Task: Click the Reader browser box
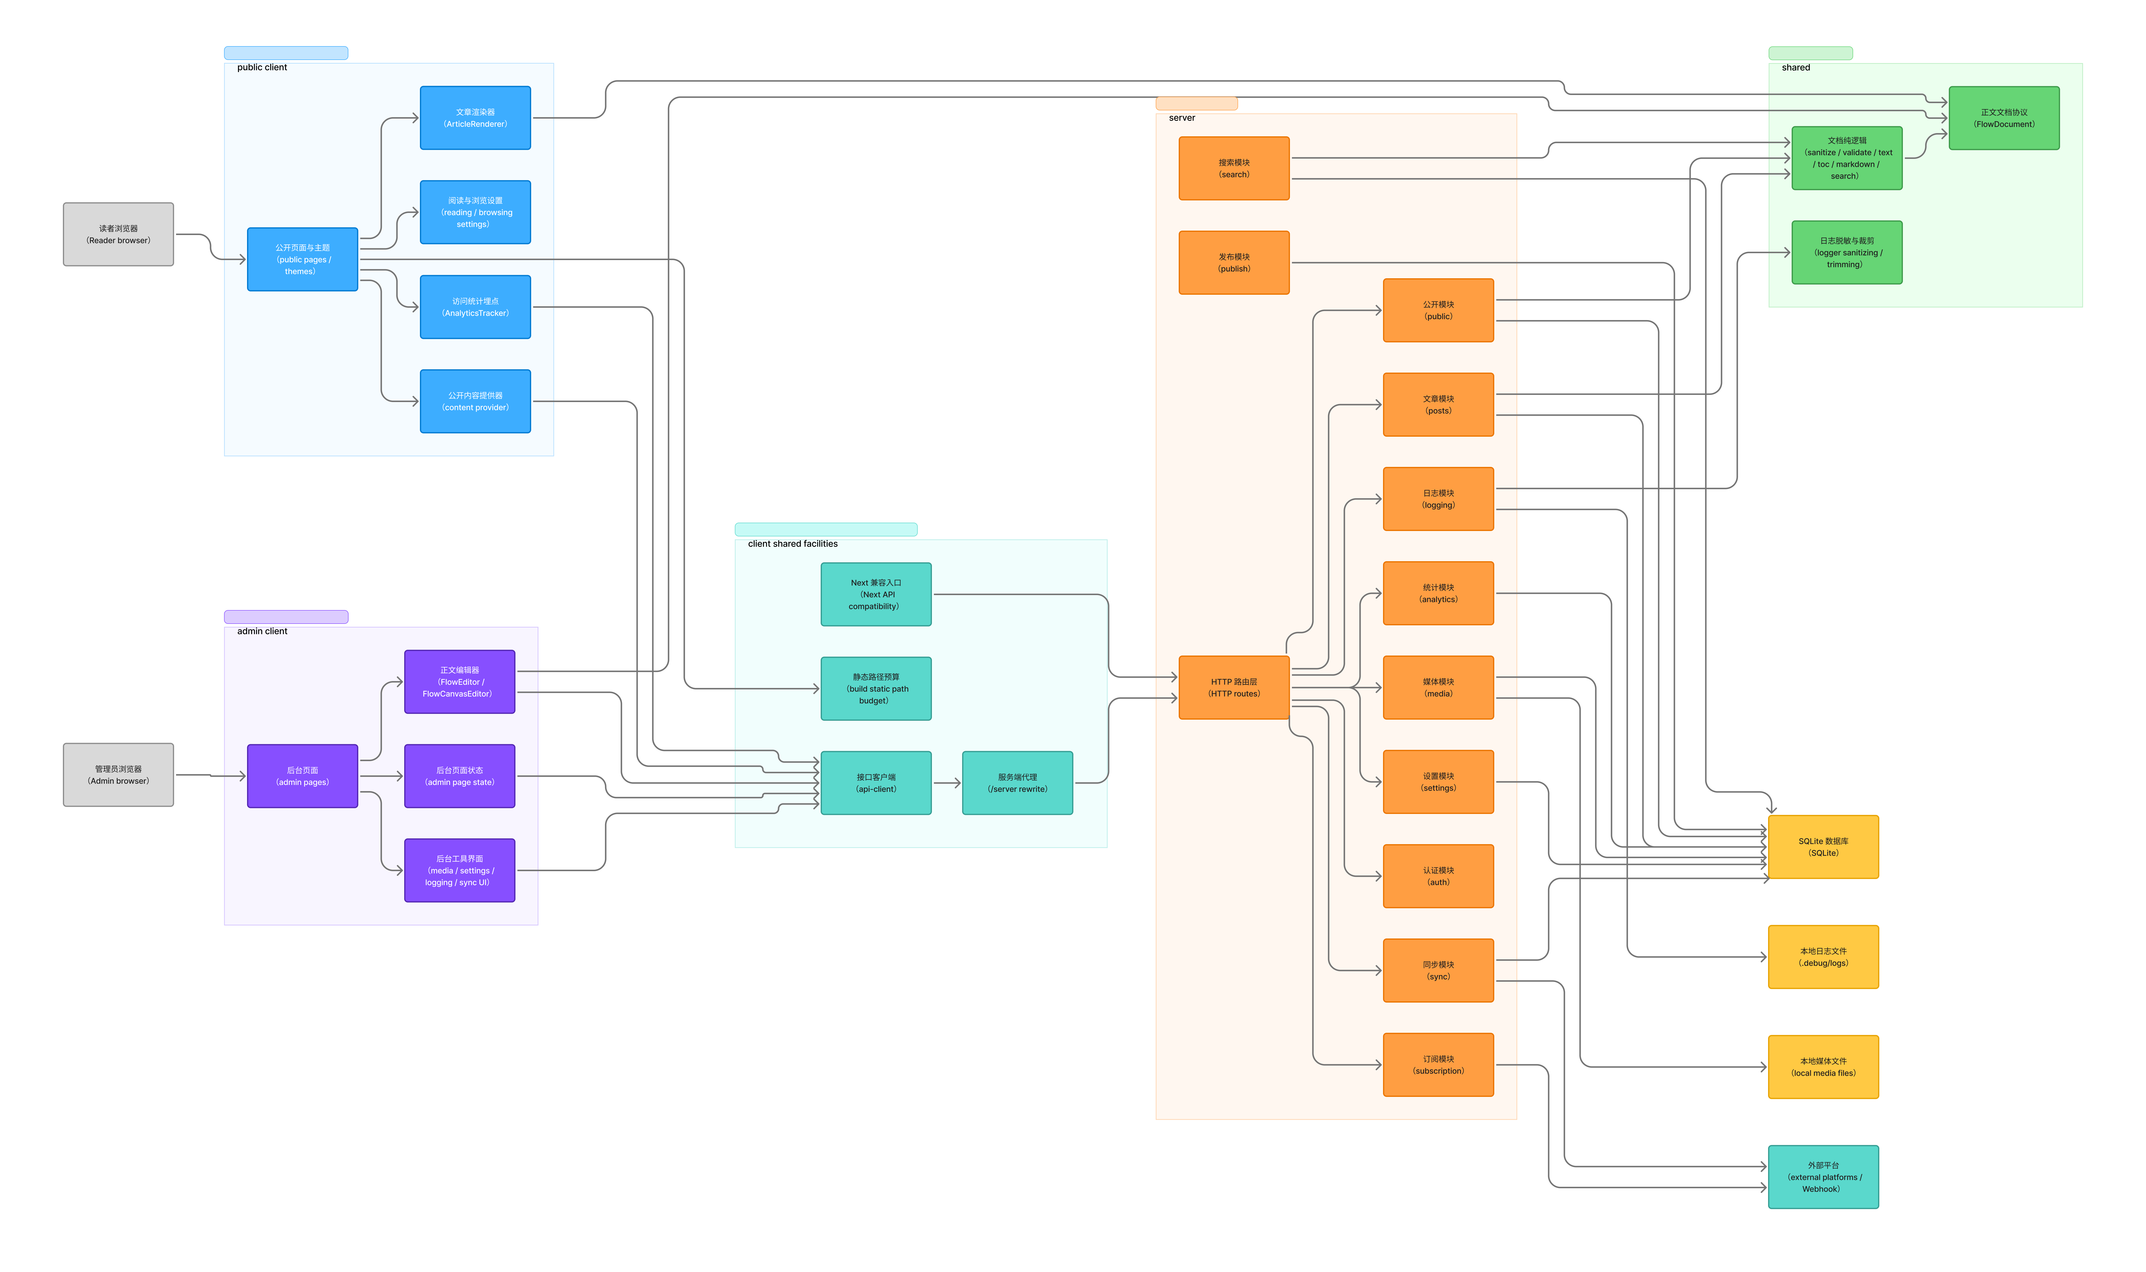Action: pos(118,234)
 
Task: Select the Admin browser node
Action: pos(118,775)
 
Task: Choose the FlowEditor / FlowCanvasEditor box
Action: pos(459,682)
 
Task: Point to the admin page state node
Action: pos(459,777)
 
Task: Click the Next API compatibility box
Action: pos(876,595)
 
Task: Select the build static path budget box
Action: pos(876,689)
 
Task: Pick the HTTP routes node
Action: pos(1234,687)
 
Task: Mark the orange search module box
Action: pos(1234,169)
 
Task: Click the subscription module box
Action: pos(1438,1065)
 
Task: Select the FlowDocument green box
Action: pos(2004,118)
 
